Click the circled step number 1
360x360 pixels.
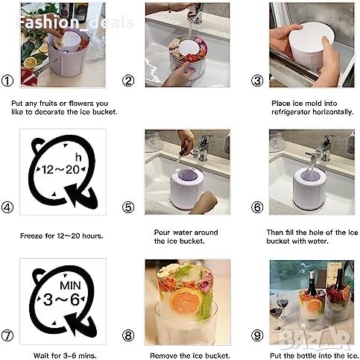point(7,80)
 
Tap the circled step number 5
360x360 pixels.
point(128,207)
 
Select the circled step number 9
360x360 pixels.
point(257,335)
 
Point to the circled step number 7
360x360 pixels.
point(7,335)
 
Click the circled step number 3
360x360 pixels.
point(257,80)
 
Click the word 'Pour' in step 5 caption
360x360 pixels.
point(162,233)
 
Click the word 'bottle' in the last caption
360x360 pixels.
point(303,356)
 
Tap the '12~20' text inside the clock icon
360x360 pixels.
point(60,170)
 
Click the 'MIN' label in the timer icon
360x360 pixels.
point(70,285)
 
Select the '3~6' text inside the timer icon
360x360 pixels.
point(61,300)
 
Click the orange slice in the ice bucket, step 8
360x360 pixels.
point(186,301)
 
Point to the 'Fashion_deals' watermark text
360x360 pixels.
point(75,22)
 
